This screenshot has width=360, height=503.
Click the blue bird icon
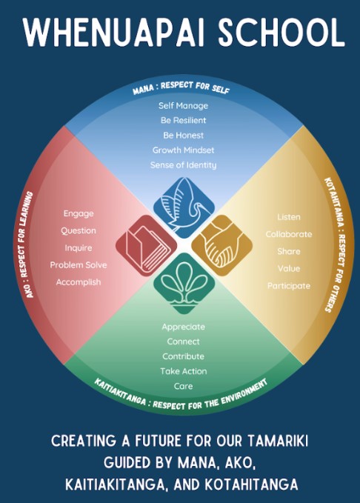point(184,207)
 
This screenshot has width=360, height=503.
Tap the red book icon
point(147,246)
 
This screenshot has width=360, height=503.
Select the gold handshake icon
point(221,246)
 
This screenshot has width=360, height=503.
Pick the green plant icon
point(184,283)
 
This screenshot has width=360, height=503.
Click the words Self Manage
point(183,105)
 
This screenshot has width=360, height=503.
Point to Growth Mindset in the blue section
point(183,150)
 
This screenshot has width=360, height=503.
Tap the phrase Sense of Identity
point(183,165)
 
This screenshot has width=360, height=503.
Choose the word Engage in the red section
point(79,213)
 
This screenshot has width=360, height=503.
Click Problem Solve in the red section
point(79,265)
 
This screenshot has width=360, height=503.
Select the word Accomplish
point(79,282)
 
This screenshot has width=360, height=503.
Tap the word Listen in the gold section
point(289,217)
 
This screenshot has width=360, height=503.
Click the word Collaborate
point(289,234)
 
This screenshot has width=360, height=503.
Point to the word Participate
point(289,286)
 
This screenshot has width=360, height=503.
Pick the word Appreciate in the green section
point(183,327)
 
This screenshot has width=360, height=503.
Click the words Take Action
point(184,371)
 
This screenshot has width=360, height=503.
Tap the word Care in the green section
point(183,386)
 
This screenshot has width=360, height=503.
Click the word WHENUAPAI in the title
point(113,33)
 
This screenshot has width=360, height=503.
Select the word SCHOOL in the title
point(281,33)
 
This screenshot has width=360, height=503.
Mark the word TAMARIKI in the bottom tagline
point(278,441)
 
